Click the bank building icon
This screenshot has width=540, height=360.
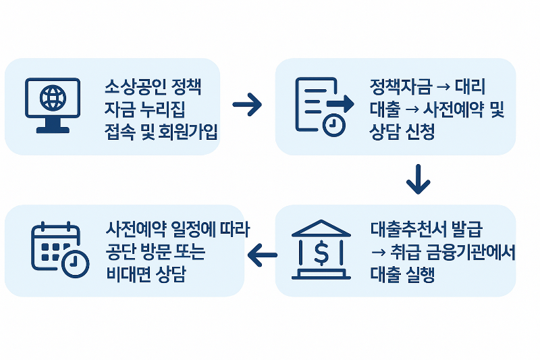click(x=321, y=251)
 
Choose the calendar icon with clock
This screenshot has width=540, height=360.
click(x=59, y=250)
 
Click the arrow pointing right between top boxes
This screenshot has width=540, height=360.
click(x=246, y=105)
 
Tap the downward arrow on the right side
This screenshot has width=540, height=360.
click(x=418, y=178)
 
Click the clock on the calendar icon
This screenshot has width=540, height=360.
click(x=75, y=263)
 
